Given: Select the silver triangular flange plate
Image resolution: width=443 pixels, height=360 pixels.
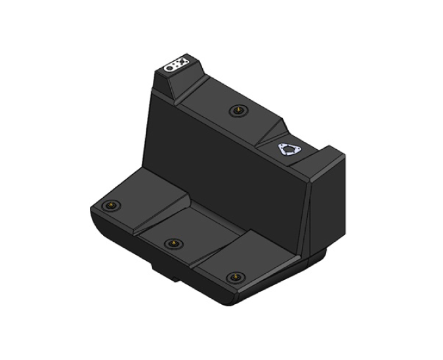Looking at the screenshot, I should click(x=287, y=150).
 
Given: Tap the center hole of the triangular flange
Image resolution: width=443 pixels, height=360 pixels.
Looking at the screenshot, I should click(x=287, y=150).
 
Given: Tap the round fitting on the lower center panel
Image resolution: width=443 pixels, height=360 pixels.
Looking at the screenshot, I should click(x=173, y=244).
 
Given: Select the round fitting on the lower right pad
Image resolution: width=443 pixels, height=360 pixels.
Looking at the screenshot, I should click(x=233, y=277).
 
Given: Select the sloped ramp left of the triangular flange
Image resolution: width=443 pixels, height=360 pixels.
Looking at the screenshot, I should click(x=270, y=131).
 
